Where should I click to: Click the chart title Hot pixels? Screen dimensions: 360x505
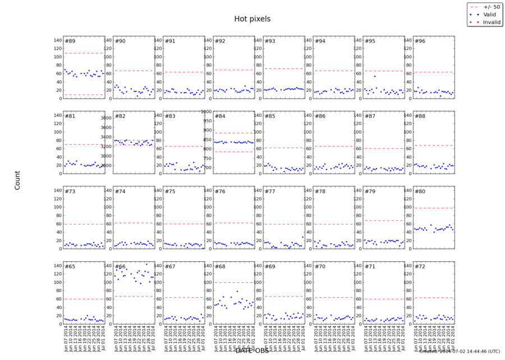[252, 19]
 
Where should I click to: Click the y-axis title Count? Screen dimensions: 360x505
[17, 180]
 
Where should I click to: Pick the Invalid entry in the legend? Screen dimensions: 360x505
[489, 22]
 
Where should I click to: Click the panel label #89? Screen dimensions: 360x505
[70, 41]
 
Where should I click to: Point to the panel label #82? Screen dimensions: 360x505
[120, 116]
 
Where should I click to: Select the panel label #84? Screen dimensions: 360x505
[220, 116]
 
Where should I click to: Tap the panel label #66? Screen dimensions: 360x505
[120, 267]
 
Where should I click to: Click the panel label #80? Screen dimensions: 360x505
[419, 192]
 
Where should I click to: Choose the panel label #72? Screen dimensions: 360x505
[419, 267]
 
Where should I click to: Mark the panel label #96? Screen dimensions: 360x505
[419, 41]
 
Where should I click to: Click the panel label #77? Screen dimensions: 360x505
[270, 192]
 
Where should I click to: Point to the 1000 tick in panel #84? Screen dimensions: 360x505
[206, 112]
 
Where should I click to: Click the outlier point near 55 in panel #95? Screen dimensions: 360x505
[375, 76]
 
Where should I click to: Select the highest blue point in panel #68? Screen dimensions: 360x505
[237, 291]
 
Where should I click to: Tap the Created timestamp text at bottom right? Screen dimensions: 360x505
[459, 352]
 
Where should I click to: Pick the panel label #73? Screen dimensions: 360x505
[70, 192]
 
